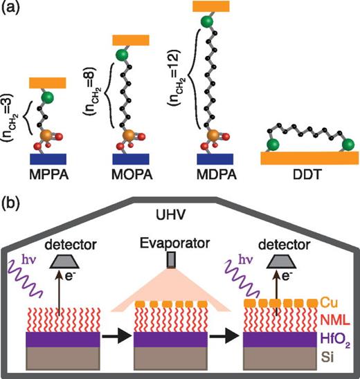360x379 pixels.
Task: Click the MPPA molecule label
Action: [x=48, y=169]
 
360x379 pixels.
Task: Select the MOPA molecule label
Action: [x=127, y=169]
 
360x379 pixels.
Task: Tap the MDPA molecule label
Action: [x=208, y=169]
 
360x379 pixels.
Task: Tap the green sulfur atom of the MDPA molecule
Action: [x=207, y=22]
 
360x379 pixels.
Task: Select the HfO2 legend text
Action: [x=334, y=339]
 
